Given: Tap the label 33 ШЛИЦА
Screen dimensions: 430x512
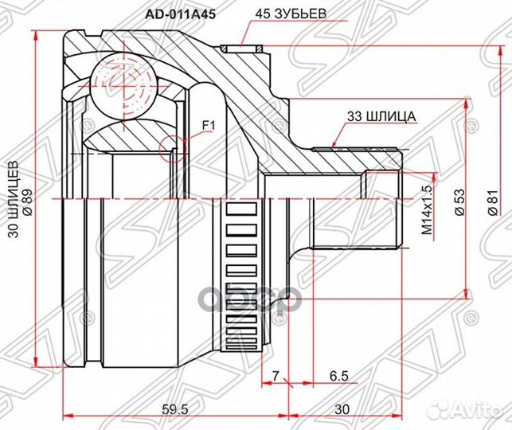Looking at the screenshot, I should [x=381, y=115].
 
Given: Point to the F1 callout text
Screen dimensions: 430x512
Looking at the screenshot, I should [x=209, y=125].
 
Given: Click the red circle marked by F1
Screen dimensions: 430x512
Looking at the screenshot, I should [x=171, y=147].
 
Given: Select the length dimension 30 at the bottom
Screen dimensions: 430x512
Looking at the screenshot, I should [x=342, y=408].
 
